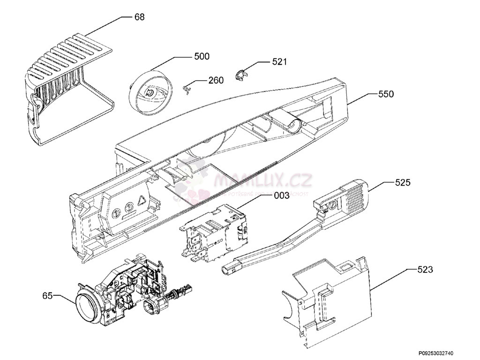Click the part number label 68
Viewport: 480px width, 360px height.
coord(139,17)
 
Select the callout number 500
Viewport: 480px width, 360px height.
coord(202,57)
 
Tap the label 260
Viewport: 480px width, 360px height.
coord(216,80)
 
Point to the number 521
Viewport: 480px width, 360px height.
coord(279,61)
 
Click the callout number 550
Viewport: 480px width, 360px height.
coord(386,94)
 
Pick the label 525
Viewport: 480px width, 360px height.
coord(403,182)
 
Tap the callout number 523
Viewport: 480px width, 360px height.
coord(425,270)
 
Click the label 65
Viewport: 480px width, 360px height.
coord(47,295)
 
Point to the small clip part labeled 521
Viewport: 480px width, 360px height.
coord(240,75)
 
